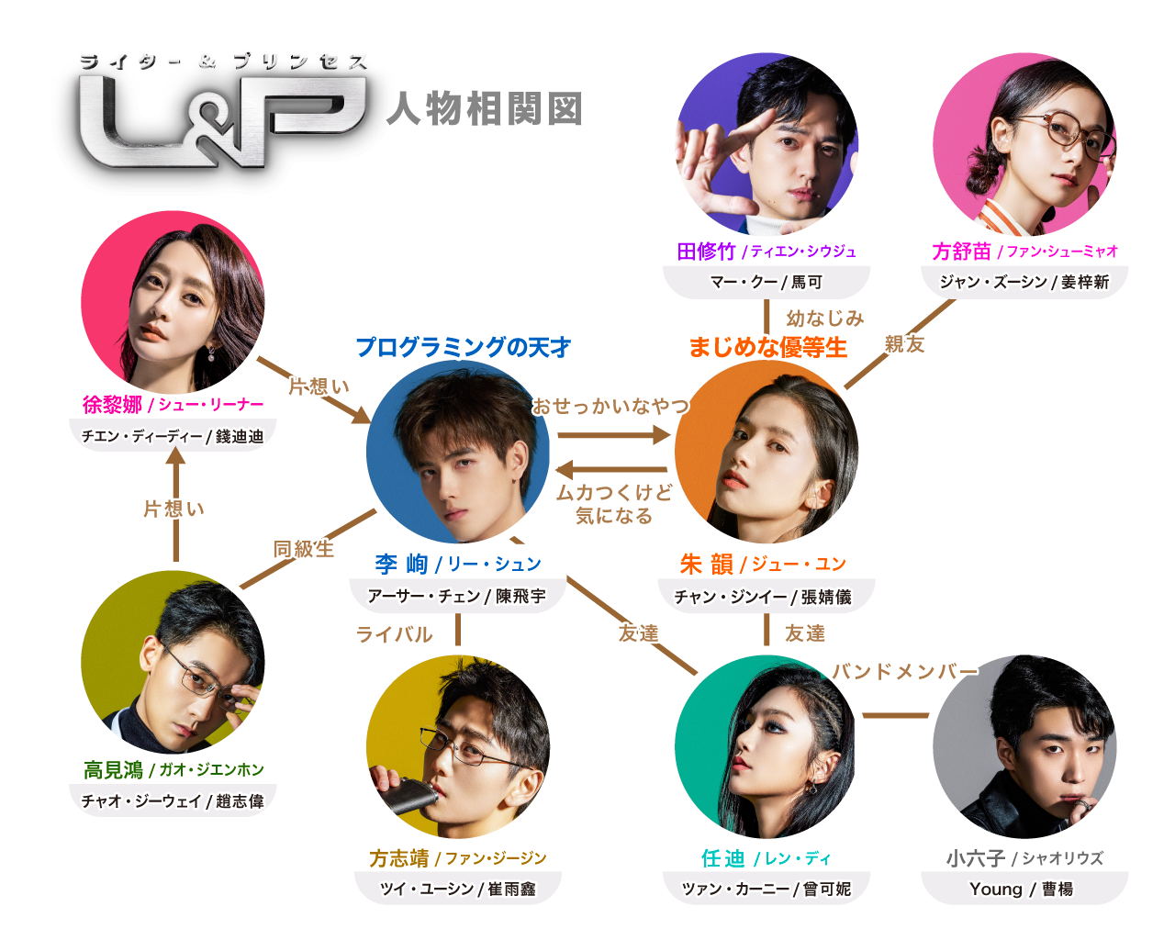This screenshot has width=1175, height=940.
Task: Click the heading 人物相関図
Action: tap(484, 109)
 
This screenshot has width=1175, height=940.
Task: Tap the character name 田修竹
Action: tap(706, 252)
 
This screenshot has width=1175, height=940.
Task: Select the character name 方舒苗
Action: tap(961, 252)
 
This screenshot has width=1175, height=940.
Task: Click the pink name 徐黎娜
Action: tap(112, 405)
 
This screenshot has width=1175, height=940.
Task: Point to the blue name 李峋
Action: tap(401, 564)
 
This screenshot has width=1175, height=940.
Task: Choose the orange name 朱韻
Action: tap(706, 564)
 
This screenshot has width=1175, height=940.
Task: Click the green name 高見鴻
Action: tap(114, 770)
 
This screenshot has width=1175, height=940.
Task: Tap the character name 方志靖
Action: tap(399, 858)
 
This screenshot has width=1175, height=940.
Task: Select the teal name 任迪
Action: tap(722, 858)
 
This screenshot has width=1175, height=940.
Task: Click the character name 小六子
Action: tap(976, 858)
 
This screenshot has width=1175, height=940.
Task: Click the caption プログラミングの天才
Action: tap(463, 347)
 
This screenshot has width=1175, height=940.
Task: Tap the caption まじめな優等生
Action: tap(767, 347)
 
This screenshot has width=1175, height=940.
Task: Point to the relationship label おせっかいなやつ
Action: tap(610, 406)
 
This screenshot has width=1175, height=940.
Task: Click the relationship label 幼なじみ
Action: tap(824, 319)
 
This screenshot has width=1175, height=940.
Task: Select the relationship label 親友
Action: tap(905, 344)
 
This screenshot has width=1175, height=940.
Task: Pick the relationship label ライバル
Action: tap(394, 634)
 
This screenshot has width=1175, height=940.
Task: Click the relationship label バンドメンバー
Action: tap(904, 671)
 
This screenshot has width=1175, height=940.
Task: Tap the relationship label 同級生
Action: tap(304, 549)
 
